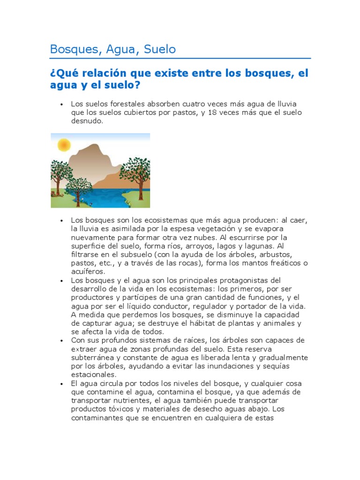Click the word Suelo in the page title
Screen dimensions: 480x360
click(x=160, y=49)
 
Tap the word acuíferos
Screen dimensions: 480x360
click(x=88, y=271)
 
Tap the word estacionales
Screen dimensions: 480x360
click(x=93, y=375)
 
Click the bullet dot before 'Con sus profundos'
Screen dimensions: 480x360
click(x=61, y=340)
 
